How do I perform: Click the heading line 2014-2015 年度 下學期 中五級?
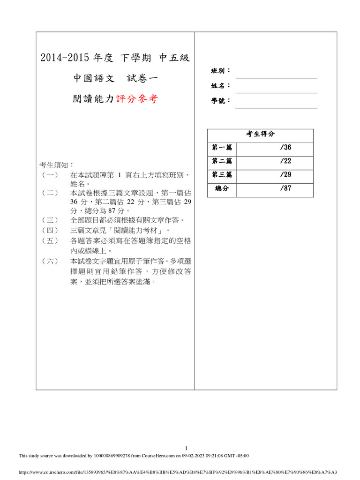pos(115,58)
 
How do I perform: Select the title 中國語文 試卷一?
pos(115,79)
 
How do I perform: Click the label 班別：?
pos(221,71)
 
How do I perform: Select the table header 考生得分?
pos(260,134)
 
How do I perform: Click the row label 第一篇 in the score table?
pos(222,148)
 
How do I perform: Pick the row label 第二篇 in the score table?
pos(222,161)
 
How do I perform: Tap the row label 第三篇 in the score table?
pos(222,175)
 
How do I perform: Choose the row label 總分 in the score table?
pos(222,189)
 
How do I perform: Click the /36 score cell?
pos(285,148)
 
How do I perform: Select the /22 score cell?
pos(285,161)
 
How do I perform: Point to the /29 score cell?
pos(285,175)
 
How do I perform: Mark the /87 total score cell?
pos(285,189)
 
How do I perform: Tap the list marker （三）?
pos(49,220)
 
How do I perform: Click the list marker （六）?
pos(49,261)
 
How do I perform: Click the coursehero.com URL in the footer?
pos(178,472)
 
